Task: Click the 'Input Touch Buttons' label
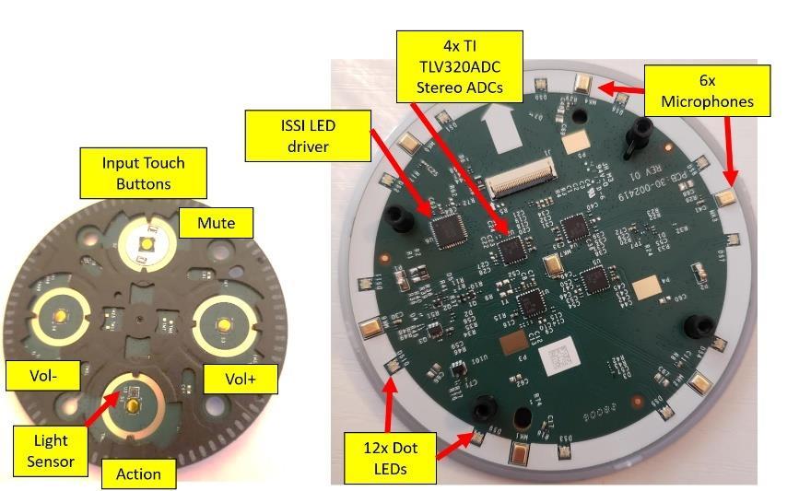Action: pos(143,172)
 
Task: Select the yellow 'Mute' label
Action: pos(216,222)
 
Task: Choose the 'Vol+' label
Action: pos(228,378)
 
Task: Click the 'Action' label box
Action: pos(138,473)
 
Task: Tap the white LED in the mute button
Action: pos(146,243)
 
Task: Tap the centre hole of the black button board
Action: pos(138,319)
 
